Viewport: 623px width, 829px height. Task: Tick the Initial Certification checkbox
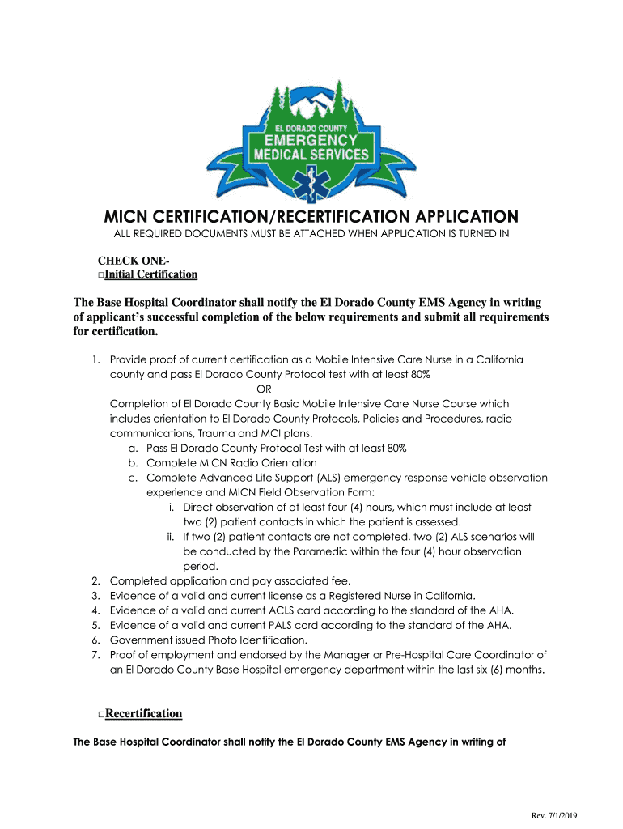(x=101, y=275)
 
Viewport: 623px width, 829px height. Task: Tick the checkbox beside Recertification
(x=101, y=715)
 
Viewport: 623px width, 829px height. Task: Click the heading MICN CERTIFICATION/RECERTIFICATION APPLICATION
(x=311, y=217)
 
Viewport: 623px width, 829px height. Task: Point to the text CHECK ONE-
(x=134, y=261)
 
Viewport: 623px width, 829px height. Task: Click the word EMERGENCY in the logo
(x=311, y=140)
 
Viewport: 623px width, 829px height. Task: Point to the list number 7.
(x=95, y=654)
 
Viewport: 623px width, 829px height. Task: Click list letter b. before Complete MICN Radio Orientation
(x=133, y=462)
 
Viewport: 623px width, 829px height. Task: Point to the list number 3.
(x=95, y=595)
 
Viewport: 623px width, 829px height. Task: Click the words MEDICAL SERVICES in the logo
(x=311, y=154)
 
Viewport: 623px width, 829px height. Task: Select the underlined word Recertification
(x=144, y=713)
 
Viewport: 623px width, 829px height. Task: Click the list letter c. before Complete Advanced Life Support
(x=133, y=478)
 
